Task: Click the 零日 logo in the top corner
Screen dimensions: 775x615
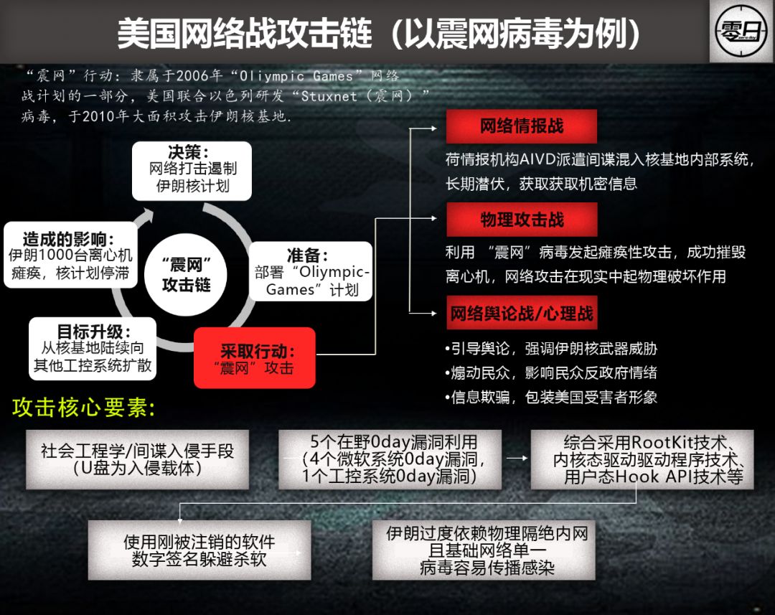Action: coord(741,31)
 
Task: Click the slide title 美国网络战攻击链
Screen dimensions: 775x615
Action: coord(244,33)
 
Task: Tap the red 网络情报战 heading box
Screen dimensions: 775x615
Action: coord(522,126)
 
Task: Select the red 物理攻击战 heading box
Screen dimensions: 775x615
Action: coord(522,220)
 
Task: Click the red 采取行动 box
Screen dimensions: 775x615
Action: coord(255,358)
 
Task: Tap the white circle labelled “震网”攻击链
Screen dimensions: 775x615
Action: coord(187,274)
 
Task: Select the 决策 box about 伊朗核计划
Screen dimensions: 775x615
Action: coord(192,169)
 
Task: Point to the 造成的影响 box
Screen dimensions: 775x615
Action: coord(70,255)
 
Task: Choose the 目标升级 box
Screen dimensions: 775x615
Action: coord(93,348)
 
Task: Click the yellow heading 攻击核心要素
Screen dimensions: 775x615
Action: coord(84,408)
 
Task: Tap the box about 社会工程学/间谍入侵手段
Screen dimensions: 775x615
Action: coord(137,459)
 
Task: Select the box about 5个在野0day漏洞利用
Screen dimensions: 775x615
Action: coord(393,459)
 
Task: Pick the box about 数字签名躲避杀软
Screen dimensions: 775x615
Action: coord(199,550)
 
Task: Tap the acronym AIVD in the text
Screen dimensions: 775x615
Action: coord(547,159)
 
